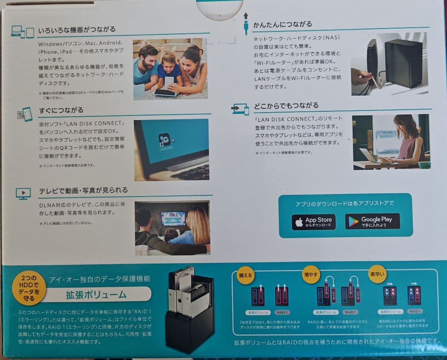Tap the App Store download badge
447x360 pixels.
pos(314,222)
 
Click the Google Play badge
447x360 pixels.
pos(372,221)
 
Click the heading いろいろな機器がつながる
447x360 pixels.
pos(77,30)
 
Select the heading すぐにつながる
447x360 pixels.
pos(61,110)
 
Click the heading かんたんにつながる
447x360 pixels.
pos(283,24)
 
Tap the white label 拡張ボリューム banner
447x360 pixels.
pos(96,295)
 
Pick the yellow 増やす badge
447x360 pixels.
pos(311,274)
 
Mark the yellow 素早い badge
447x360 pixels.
pos(377,274)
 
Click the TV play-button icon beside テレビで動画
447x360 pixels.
pos(23,193)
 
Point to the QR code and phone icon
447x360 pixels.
pos(24,114)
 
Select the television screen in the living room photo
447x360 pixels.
pos(173,218)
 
